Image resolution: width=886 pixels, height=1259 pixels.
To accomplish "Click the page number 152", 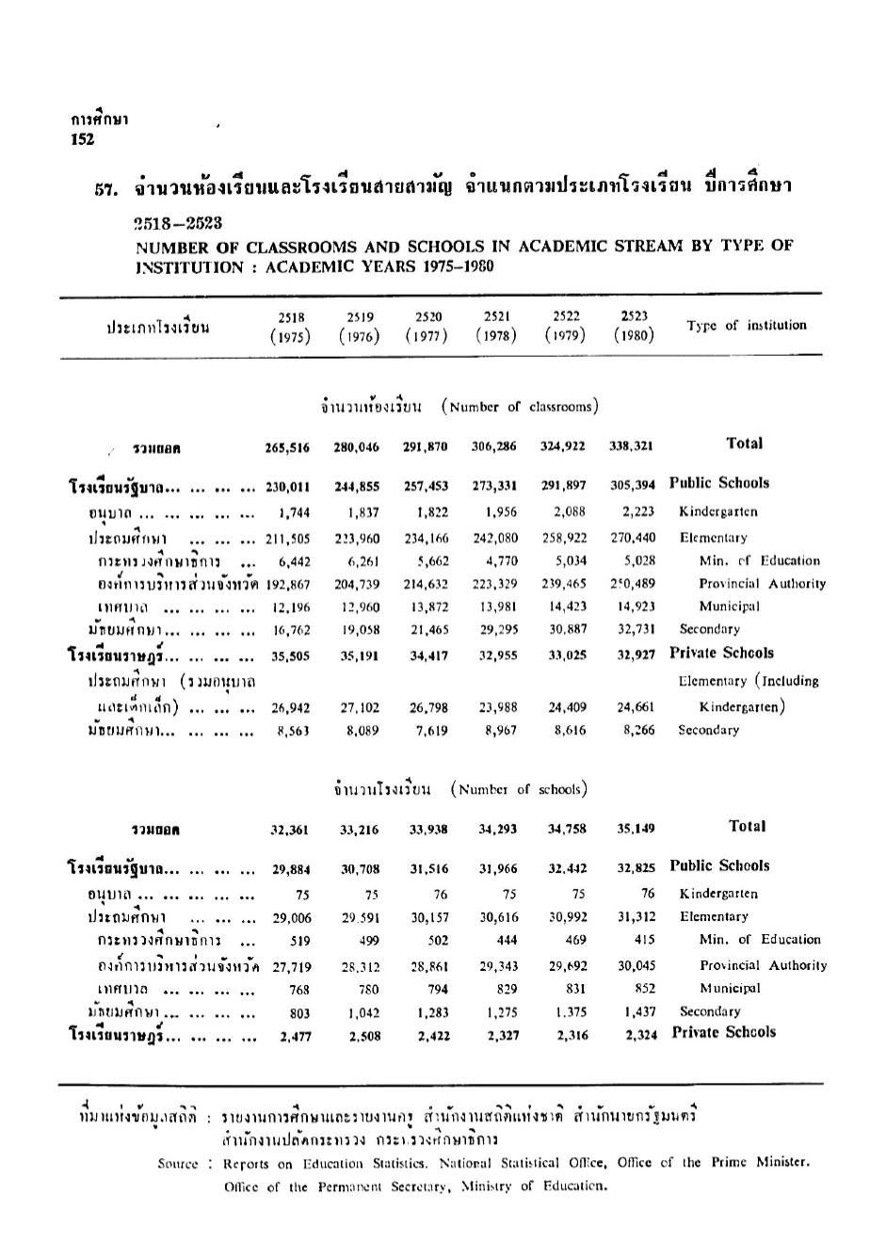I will point(82,138).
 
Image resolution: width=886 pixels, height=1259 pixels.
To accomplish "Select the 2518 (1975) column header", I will point(290,327).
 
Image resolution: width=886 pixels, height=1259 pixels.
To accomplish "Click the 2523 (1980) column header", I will point(634,326).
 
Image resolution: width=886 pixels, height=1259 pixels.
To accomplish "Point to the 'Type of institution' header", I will point(746,326).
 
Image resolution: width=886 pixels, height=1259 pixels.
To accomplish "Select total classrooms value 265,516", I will point(287,446).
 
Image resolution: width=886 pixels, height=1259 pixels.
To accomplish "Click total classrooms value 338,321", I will point(633,445).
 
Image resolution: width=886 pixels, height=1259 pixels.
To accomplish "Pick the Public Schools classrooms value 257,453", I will point(426,487).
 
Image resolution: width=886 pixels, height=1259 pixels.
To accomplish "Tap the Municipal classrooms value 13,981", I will point(495,606).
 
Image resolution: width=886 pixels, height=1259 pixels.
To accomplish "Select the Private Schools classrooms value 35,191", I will point(357,654).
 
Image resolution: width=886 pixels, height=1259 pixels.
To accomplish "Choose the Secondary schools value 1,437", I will point(638,1011).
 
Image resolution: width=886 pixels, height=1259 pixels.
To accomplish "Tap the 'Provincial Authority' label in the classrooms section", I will point(762,584).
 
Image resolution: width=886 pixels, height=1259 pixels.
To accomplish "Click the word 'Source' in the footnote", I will point(179,1163).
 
